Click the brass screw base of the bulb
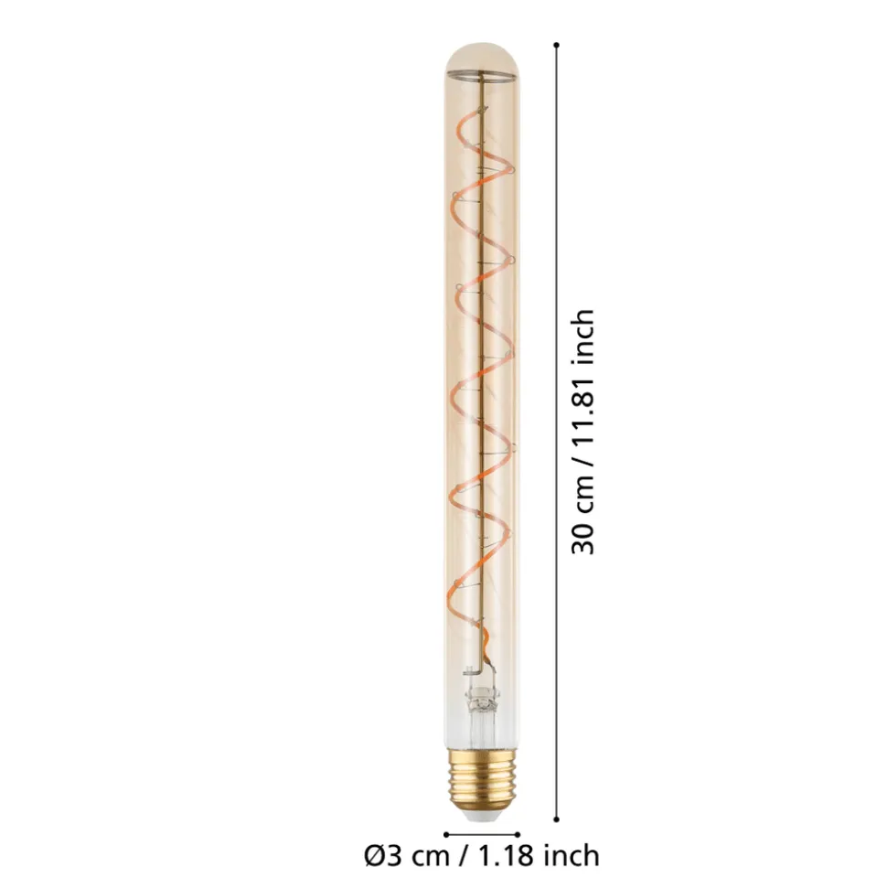click(482, 776)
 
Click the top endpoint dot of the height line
click(557, 45)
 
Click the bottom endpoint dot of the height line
click(557, 818)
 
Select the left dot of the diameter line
click(446, 834)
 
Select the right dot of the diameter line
click(518, 834)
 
